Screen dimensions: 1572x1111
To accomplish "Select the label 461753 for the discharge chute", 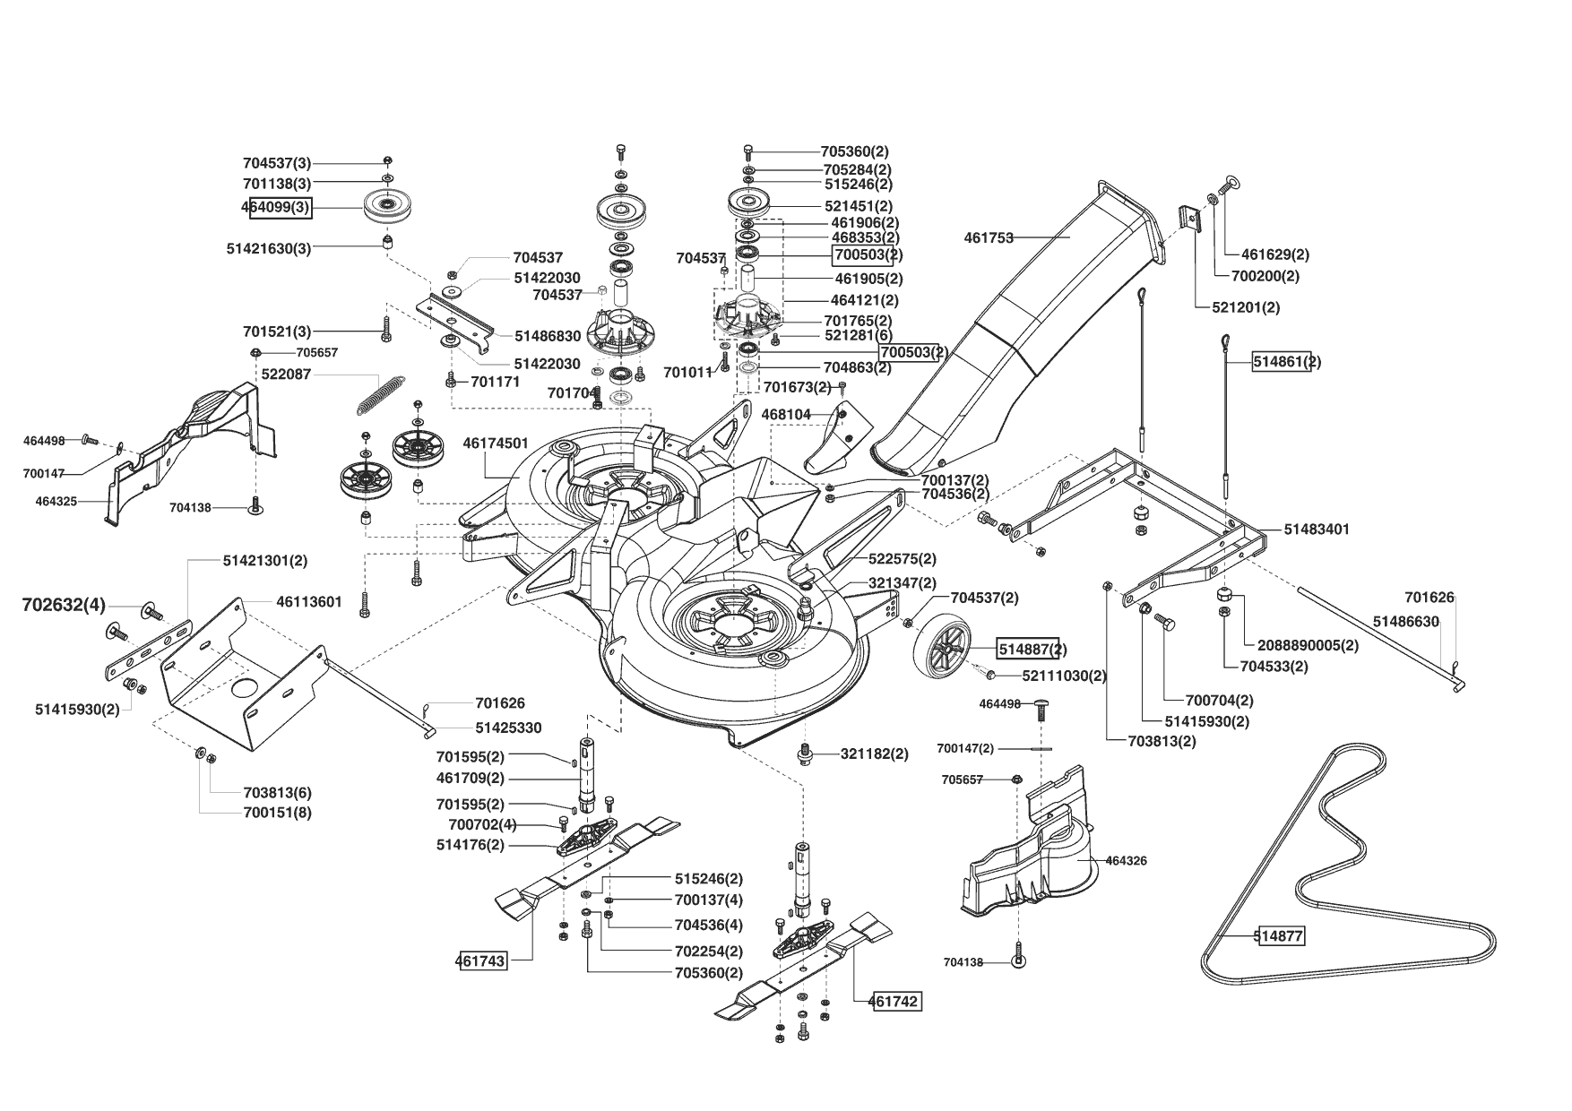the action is pos(989,238).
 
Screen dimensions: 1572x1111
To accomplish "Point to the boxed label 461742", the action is pos(895,1001).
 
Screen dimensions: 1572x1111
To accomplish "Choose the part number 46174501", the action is pos(496,444).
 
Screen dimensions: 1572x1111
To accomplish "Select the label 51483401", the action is pos(1317,530).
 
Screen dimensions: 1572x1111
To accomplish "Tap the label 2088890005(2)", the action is pos(1308,645).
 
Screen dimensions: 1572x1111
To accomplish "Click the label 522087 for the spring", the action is pos(286,375).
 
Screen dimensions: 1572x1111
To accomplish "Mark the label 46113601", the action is pos(309,602).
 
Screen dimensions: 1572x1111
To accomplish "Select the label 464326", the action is pos(1127,861).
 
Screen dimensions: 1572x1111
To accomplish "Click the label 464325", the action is pos(56,502).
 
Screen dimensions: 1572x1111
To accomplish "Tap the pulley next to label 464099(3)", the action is pos(387,209).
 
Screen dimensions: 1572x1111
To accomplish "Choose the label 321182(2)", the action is pos(875,754).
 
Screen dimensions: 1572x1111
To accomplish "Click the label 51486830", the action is pos(548,335).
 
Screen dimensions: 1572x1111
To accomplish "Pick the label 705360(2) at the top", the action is pos(855,152).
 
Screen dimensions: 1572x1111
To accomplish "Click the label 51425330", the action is pos(508,728).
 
